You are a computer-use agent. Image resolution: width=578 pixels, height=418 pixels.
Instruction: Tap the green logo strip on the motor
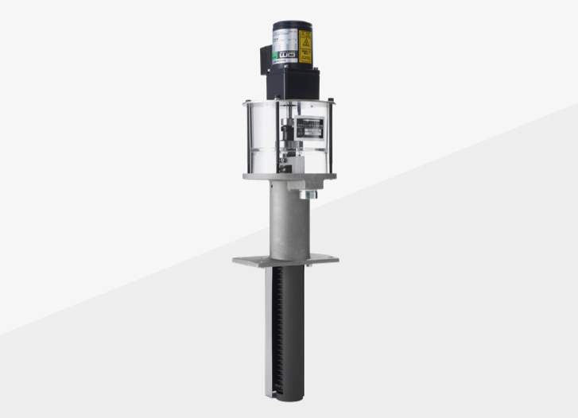tap(284, 56)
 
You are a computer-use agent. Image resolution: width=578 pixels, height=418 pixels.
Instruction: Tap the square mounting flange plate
tap(285, 260)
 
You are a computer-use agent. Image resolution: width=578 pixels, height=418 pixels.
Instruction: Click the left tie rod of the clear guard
tap(247, 139)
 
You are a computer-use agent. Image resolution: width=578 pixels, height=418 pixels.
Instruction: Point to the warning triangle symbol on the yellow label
tap(305, 36)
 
